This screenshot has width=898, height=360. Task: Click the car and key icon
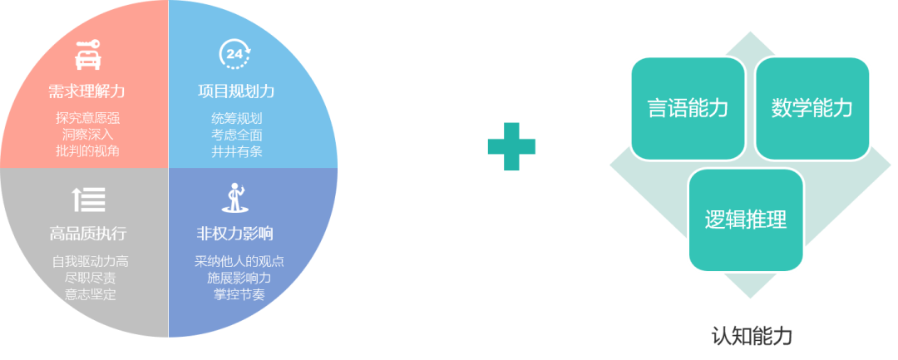coord(87,54)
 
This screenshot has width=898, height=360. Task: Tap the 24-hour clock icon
coord(234,54)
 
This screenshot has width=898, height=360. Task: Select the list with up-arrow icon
coord(88,199)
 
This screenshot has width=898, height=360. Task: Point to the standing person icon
coord(234,197)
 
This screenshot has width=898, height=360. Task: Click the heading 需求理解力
coord(86,91)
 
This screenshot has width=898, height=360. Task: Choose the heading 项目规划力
coord(236,91)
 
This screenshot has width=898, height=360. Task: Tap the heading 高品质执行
coord(87,234)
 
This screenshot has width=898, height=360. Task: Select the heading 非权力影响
coord(234,234)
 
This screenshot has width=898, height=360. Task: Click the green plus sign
coord(511,146)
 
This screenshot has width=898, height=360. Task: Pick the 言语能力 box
coord(688,109)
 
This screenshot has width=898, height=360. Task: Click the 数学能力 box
coord(812,109)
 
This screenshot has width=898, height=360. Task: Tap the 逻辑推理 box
coord(746,219)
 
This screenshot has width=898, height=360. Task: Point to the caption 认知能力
coord(752,336)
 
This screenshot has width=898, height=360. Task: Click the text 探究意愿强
coord(87,118)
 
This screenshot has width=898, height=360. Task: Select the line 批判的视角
coord(87,151)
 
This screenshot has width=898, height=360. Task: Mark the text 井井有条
coord(236,151)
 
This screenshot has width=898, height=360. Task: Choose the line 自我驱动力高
coord(91,262)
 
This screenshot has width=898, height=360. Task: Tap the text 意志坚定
coord(91,295)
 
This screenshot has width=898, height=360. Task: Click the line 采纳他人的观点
coord(239,262)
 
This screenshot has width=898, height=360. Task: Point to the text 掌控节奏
coord(239,295)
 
